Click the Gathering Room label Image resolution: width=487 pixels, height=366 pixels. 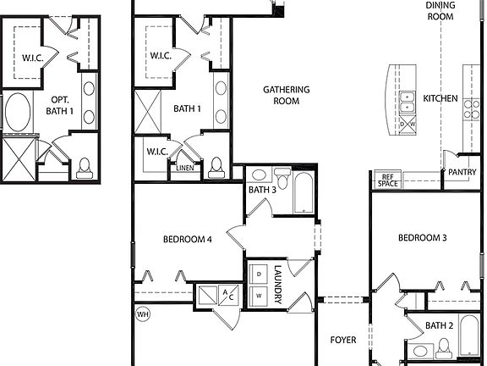286,95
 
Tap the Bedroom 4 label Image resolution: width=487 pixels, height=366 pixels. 187,240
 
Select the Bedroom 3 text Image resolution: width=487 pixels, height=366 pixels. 423,238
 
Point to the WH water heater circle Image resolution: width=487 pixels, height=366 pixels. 143,313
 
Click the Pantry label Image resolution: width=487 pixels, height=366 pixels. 462,172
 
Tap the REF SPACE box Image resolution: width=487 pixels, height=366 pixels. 388,180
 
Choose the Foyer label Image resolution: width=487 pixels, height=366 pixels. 342,341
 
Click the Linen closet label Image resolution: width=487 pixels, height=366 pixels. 185,168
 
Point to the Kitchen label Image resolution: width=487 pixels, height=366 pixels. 440,99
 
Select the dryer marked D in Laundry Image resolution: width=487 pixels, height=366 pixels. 259,275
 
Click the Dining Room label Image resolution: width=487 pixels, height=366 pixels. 440,10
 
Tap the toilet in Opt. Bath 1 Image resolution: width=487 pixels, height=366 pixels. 85,169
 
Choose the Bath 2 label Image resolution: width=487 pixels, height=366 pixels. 440,325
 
